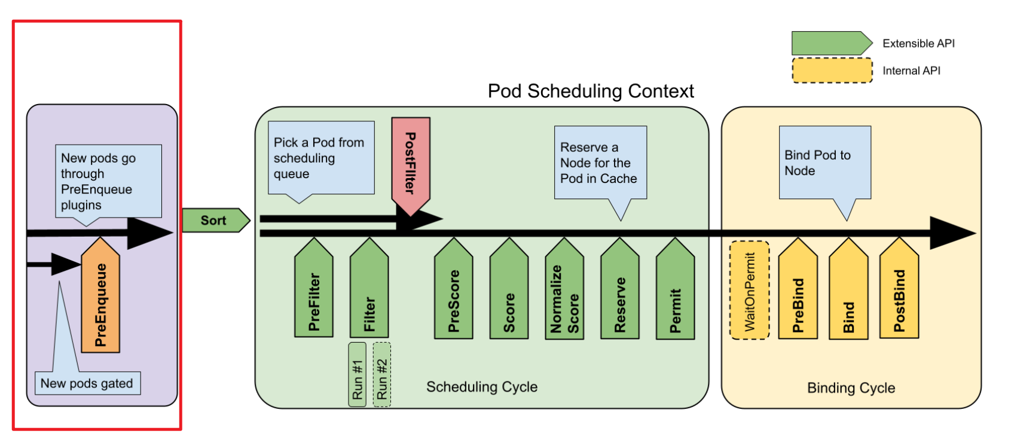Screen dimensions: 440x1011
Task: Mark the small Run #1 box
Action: (x=357, y=375)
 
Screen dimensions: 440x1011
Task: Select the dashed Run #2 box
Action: (x=381, y=375)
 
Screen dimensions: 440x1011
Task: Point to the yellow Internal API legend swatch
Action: (x=832, y=71)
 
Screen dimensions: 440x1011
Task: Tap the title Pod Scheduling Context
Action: (x=591, y=91)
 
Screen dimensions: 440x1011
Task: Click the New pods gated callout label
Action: (x=87, y=383)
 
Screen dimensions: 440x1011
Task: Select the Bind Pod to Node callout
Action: (x=824, y=163)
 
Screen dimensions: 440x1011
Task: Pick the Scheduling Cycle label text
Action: (x=482, y=387)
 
